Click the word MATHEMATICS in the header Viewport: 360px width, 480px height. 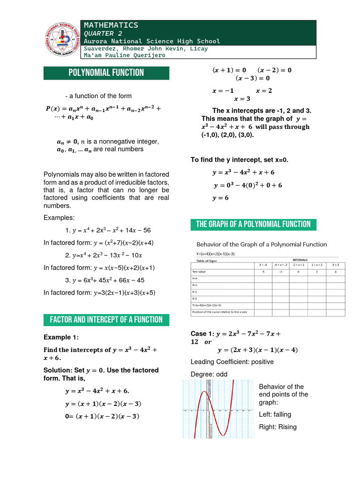pos(111,25)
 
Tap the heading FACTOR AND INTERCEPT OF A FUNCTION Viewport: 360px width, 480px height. pos(106,320)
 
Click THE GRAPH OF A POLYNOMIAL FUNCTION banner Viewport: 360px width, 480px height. pos(253,224)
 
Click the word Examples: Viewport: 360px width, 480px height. pos(59,217)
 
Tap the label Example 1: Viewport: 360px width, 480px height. pos(61,337)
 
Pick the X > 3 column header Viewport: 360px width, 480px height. pos(336,265)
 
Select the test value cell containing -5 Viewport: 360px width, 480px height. pos(263,271)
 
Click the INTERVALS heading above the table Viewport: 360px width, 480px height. pos(300,260)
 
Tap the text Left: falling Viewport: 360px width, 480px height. pos(275,414)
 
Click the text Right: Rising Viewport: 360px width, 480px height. pos(277,427)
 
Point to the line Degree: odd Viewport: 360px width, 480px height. pos(210,374)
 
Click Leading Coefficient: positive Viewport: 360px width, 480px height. pos(232,362)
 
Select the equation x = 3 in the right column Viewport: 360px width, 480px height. pos(242,99)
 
